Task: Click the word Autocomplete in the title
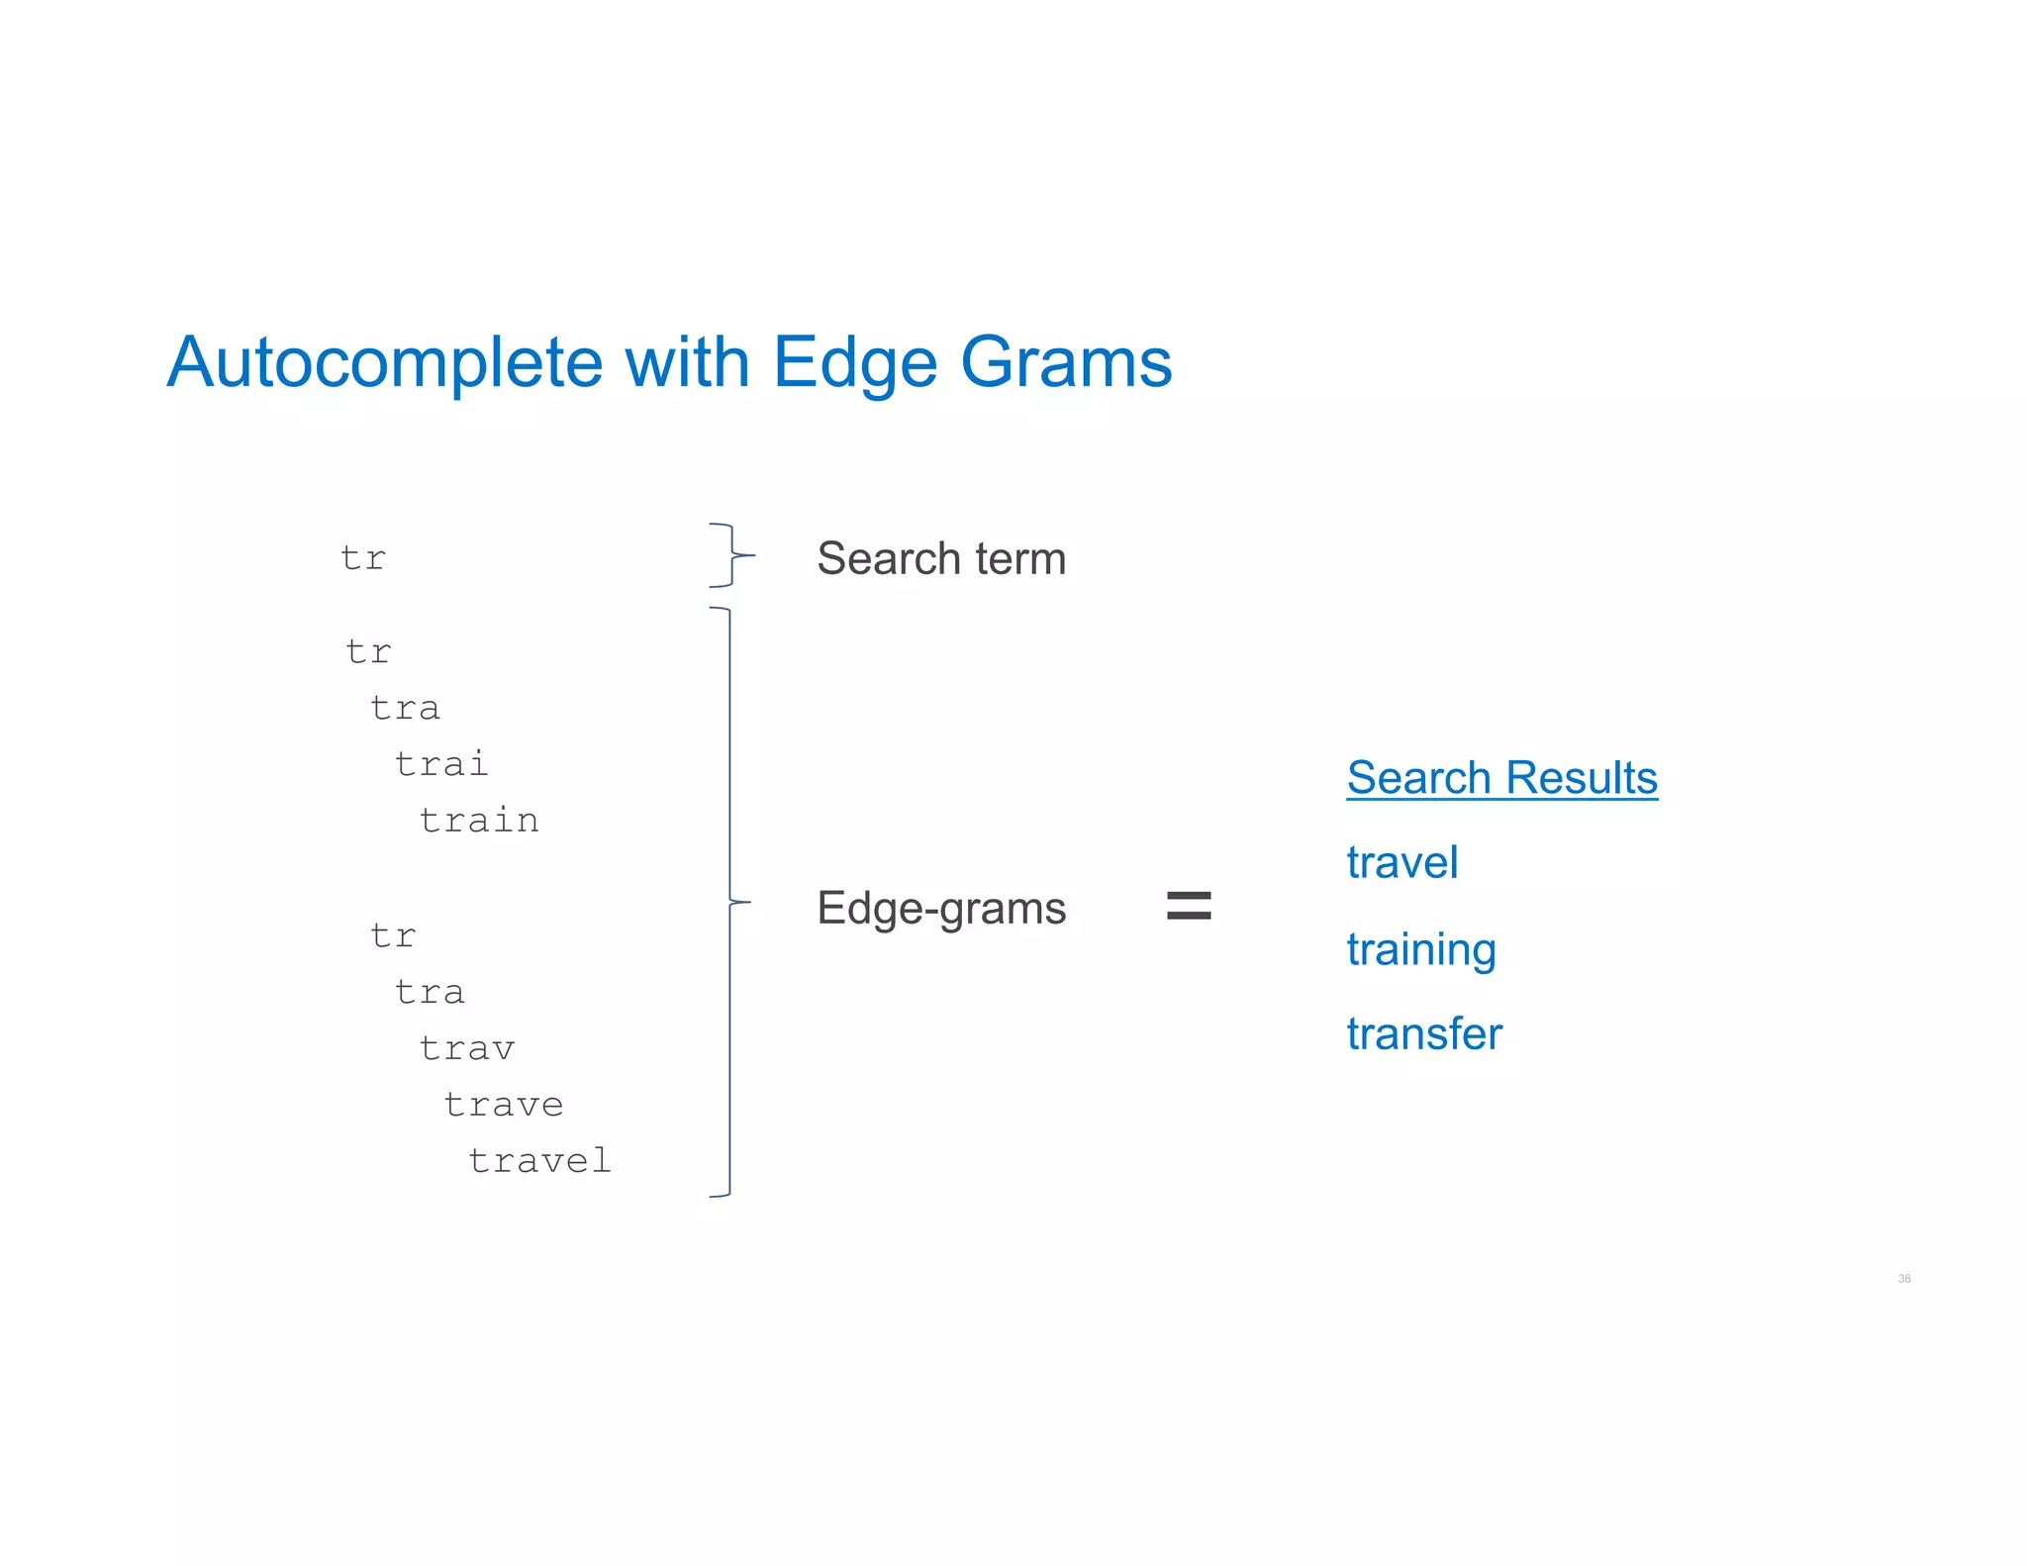coord(384,363)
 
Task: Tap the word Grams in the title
coord(1066,363)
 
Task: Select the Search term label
coord(941,558)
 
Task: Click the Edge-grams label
coord(941,908)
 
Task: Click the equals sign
coord(1189,905)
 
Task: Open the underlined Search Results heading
coord(1501,778)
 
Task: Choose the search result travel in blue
coord(1401,862)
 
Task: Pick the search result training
coord(1420,949)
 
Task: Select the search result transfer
coord(1423,1033)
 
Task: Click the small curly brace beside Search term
coord(731,555)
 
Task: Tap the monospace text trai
coord(441,764)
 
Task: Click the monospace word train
coord(479,821)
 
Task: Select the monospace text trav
coord(467,1048)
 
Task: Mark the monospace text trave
coord(504,1105)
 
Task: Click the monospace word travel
coord(539,1161)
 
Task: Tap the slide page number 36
coord(1903,1279)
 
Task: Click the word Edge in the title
coord(854,363)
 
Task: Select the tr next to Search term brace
coord(363,558)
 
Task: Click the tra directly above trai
coord(405,709)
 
